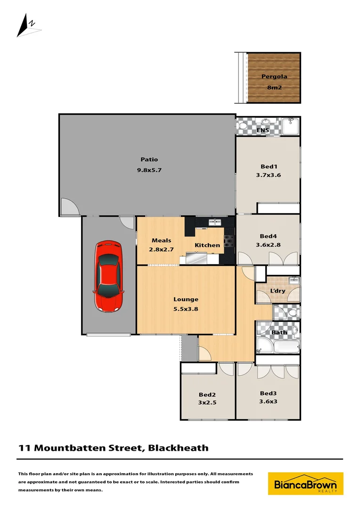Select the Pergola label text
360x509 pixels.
(x=274, y=76)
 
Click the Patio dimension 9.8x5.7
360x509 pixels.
(x=149, y=170)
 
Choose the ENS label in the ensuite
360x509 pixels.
(x=262, y=131)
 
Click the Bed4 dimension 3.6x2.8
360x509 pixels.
(x=268, y=245)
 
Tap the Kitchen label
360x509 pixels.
(x=207, y=245)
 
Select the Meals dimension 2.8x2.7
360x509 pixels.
(x=161, y=249)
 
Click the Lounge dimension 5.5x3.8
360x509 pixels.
(x=186, y=309)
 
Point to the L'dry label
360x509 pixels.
(x=278, y=291)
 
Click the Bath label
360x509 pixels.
(x=279, y=332)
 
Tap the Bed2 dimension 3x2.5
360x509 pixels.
(x=207, y=403)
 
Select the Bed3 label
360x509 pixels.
(x=268, y=393)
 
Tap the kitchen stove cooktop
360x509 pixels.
(x=229, y=241)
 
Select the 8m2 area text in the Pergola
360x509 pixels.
(x=274, y=87)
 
